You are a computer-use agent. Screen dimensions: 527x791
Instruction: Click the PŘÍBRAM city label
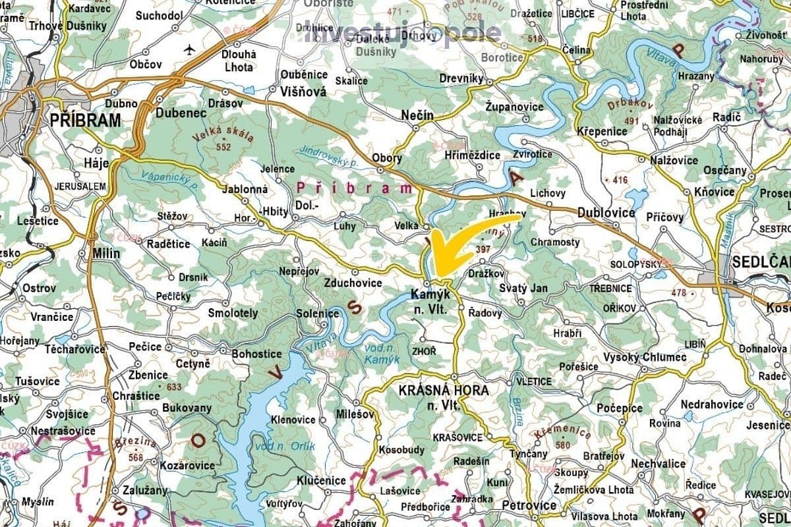click(86, 121)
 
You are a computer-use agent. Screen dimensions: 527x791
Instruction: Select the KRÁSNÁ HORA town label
click(444, 391)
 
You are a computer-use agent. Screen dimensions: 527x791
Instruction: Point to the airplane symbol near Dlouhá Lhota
click(190, 49)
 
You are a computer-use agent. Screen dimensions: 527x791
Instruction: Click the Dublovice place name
click(606, 213)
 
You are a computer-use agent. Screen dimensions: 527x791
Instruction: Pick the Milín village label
click(106, 254)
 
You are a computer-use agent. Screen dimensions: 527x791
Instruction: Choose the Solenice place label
click(318, 314)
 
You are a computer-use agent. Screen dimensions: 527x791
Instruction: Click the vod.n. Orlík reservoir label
click(293, 447)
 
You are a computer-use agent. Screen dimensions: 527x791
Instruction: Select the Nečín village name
click(418, 116)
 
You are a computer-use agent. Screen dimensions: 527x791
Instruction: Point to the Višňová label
click(304, 92)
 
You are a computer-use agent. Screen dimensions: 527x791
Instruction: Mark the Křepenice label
click(602, 131)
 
